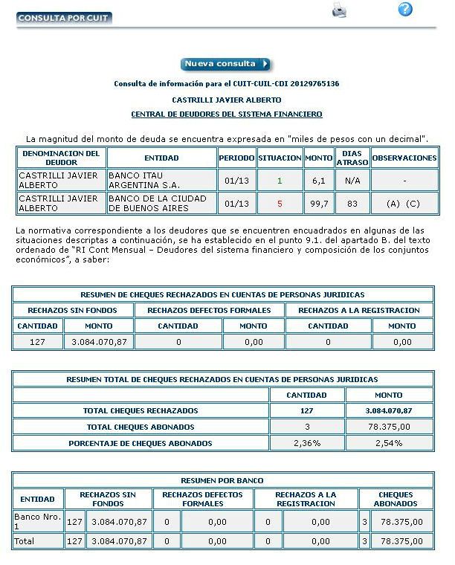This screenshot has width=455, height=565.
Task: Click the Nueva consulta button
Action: click(x=226, y=64)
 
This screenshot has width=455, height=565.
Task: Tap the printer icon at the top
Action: click(x=339, y=10)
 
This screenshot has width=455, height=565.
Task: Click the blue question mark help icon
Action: click(x=405, y=9)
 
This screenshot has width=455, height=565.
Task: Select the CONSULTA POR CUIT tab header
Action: click(x=64, y=17)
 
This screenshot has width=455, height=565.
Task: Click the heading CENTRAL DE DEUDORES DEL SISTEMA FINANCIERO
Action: click(x=227, y=114)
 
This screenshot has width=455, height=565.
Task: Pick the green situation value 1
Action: click(x=280, y=180)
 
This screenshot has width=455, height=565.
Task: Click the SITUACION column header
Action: click(x=280, y=158)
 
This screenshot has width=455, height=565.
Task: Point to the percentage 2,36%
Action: click(x=306, y=443)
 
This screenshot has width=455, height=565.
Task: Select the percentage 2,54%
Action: click(x=389, y=443)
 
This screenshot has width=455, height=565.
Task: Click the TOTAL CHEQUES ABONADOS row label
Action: click(x=141, y=427)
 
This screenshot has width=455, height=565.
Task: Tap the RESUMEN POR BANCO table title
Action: click(x=222, y=480)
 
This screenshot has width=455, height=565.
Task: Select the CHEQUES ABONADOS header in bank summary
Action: click(x=396, y=499)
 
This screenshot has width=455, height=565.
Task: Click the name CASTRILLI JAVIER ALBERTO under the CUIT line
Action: click(x=227, y=100)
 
